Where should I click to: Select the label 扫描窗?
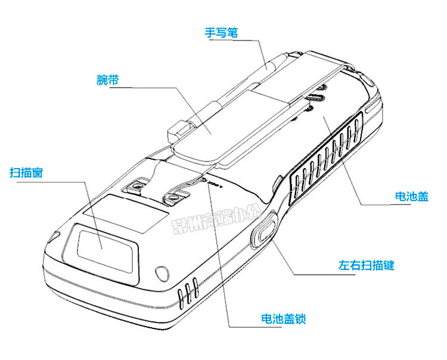tap(25, 173)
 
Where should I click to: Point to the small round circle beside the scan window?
tap(160, 274)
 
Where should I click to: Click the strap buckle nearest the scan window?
tap(137, 187)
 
